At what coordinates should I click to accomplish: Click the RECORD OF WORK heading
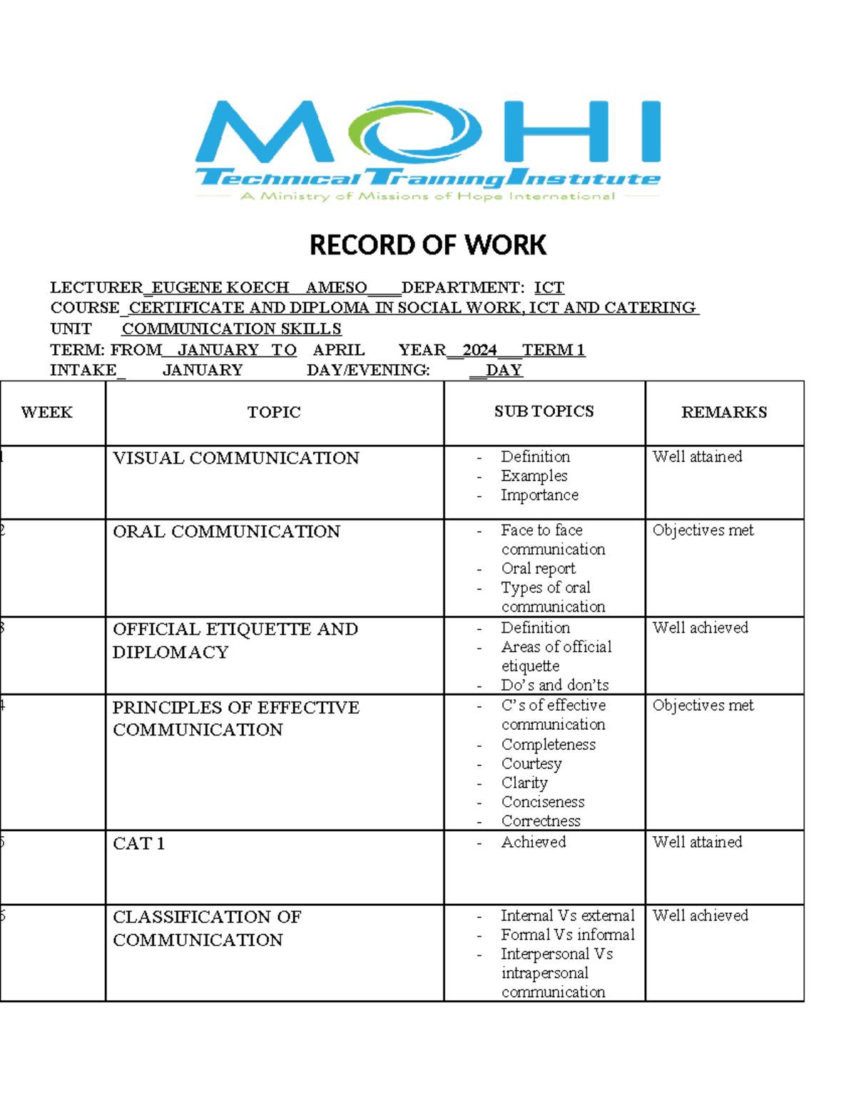[428, 245]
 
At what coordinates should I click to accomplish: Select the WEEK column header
[47, 412]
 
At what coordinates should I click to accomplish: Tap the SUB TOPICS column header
[544, 411]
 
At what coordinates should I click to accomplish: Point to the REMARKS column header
[724, 412]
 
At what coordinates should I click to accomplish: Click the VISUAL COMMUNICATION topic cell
[236, 458]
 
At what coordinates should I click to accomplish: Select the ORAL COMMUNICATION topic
[226, 531]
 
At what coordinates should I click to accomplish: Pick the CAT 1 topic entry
[139, 843]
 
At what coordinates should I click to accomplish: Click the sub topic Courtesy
[531, 763]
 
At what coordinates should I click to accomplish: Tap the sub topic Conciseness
[543, 802]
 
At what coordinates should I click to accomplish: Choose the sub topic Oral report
[538, 568]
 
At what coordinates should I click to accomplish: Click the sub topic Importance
[539, 495]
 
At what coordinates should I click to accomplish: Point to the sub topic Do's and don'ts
[555, 685]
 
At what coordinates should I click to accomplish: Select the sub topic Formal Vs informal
[567, 934]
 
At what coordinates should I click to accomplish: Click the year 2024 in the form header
[479, 349]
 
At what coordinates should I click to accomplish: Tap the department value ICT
[549, 287]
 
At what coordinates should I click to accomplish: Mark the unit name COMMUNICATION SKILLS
[231, 329]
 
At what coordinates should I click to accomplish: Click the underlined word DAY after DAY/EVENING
[504, 370]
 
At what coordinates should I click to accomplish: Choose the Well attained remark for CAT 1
[697, 842]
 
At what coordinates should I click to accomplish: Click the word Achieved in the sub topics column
[534, 842]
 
